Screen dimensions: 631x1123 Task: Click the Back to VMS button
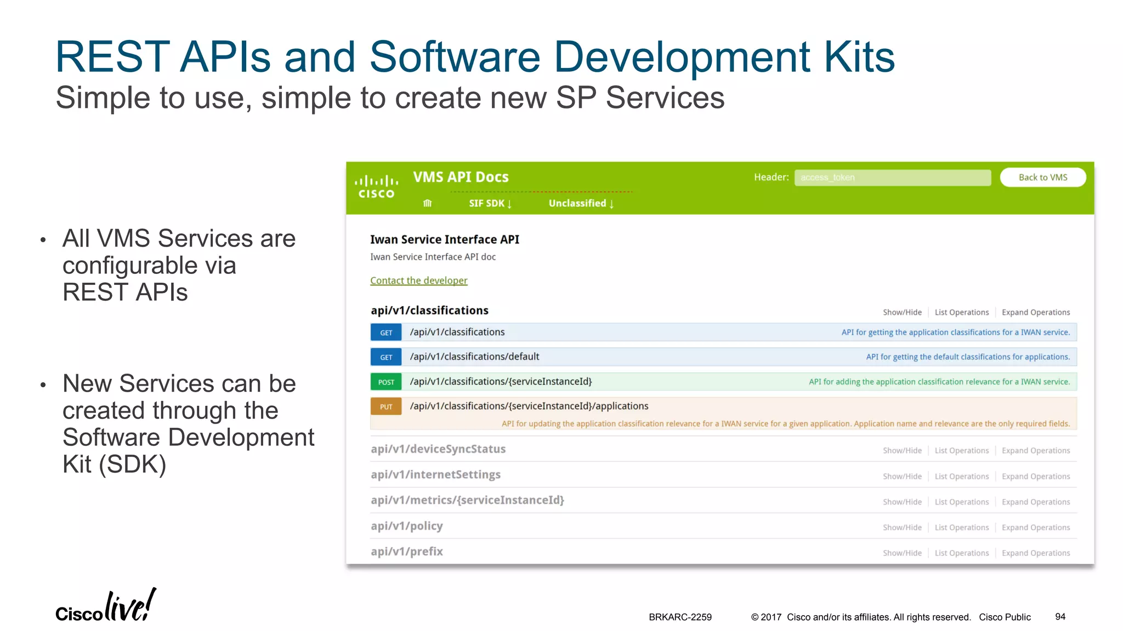(x=1042, y=177)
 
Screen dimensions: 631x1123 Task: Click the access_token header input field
(x=892, y=177)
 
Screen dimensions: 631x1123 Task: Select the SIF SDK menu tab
(x=490, y=203)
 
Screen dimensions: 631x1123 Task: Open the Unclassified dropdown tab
(x=581, y=203)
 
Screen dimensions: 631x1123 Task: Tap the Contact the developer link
(x=418, y=280)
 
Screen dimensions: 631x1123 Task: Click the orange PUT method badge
(x=386, y=406)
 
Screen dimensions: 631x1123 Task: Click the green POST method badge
(x=386, y=382)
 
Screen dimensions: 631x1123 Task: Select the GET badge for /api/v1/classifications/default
(x=386, y=357)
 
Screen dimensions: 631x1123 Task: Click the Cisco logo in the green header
(x=376, y=187)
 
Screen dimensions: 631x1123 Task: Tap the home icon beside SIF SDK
(x=428, y=203)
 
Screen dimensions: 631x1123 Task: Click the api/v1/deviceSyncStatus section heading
(x=438, y=449)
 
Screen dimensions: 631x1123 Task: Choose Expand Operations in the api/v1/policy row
(x=1035, y=527)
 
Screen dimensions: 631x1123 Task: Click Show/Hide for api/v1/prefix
(x=902, y=553)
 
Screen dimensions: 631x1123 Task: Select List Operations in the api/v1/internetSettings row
(x=961, y=477)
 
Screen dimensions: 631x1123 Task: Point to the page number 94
(x=1060, y=617)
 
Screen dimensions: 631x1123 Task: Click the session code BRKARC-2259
(x=680, y=617)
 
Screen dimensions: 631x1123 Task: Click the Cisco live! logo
(x=106, y=606)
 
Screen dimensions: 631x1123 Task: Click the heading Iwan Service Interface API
(x=444, y=239)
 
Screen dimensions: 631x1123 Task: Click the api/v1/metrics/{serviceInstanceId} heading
(x=467, y=500)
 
